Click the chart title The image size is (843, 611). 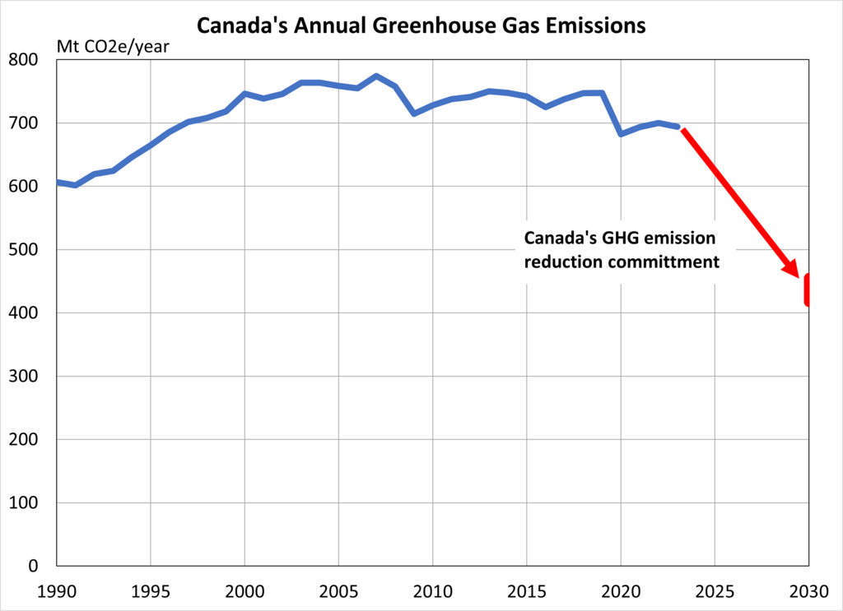(421, 25)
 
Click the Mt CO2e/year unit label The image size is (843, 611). (112, 46)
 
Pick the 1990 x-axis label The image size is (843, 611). (57, 592)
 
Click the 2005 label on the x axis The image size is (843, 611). (338, 592)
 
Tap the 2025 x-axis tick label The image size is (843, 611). (715, 592)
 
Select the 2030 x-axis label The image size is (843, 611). (808, 592)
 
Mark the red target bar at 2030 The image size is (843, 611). (808, 290)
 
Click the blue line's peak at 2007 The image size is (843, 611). (376, 76)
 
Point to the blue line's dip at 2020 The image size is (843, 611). (621, 133)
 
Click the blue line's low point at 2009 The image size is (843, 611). (414, 113)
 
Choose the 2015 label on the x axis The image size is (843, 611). (527, 592)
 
